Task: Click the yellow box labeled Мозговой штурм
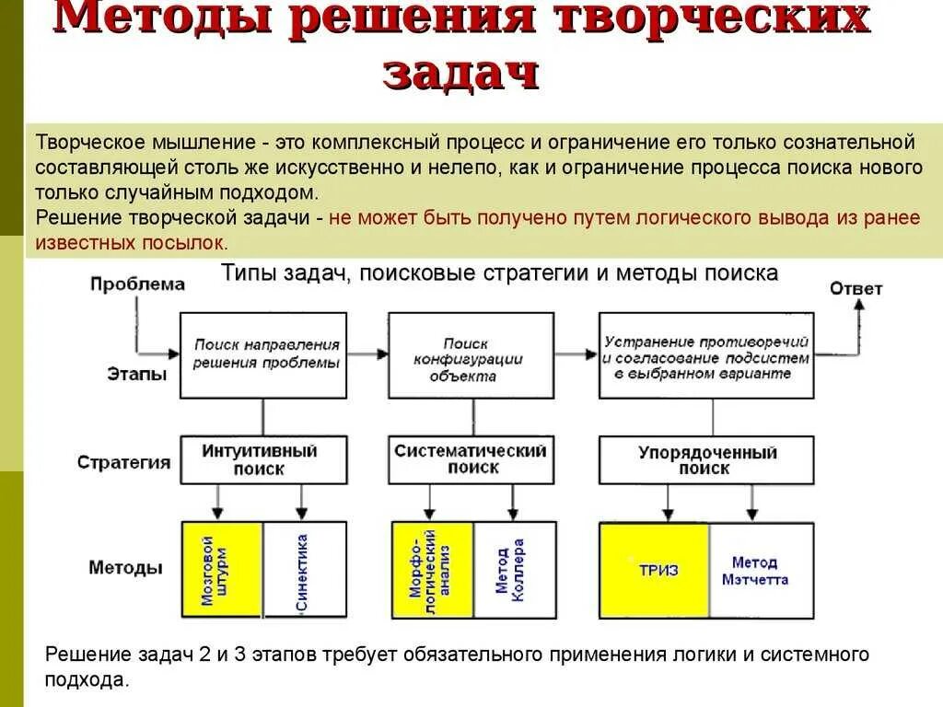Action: click(x=222, y=569)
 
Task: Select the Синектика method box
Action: click(x=305, y=569)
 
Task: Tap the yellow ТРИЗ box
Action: click(x=655, y=570)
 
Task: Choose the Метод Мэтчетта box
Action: click(x=762, y=570)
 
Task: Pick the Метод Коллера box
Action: click(x=515, y=569)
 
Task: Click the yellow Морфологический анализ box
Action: click(x=433, y=569)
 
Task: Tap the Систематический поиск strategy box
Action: click(x=471, y=459)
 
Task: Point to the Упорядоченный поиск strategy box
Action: click(x=707, y=460)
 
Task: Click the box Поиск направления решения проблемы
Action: click(x=264, y=354)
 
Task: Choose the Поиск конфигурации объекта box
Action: click(x=471, y=354)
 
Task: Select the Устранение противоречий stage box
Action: click(x=707, y=354)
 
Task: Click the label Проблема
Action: click(x=138, y=284)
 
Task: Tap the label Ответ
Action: click(x=856, y=288)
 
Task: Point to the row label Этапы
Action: click(x=135, y=375)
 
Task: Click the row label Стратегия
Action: click(x=124, y=462)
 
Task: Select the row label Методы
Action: click(x=126, y=567)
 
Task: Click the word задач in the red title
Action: click(x=460, y=73)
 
